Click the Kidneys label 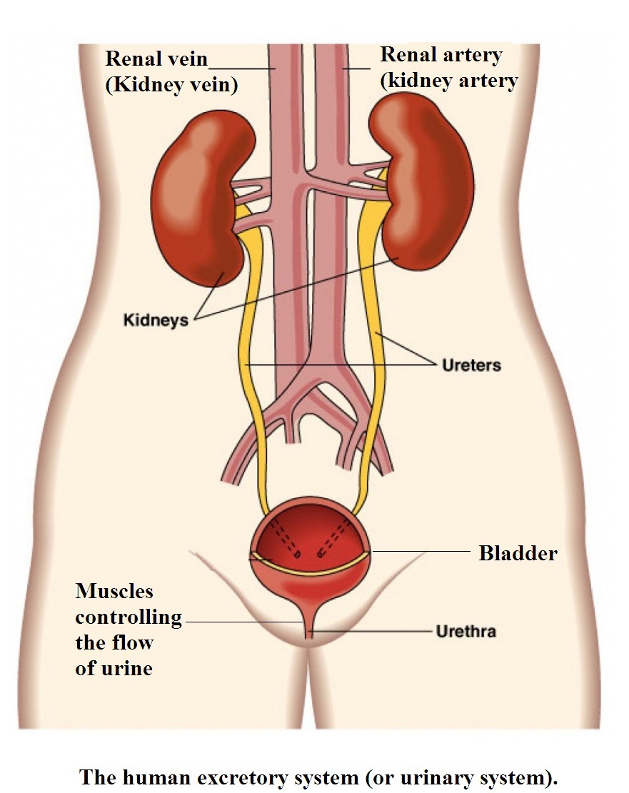coord(156,319)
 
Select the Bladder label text coord(518,553)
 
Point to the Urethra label coord(466,632)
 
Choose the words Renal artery coord(441,55)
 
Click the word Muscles coord(114,591)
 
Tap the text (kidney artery coord(449,81)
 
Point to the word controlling coord(129,617)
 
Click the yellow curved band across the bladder coord(311,568)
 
